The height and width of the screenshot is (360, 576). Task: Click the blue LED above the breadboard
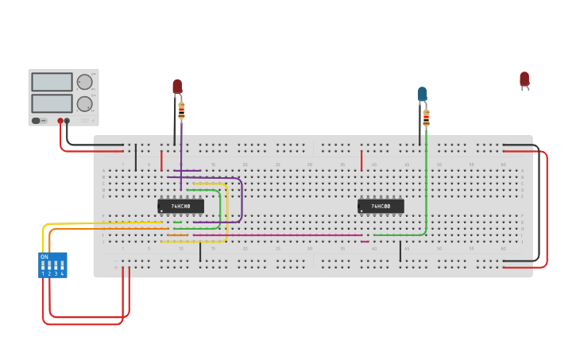(422, 94)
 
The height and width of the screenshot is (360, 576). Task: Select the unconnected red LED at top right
(524, 79)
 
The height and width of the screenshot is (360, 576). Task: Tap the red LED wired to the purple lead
(177, 86)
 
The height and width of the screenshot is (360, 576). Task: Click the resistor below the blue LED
(426, 118)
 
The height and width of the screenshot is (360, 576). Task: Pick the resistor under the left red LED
(181, 110)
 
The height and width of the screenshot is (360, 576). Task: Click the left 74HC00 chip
(180, 206)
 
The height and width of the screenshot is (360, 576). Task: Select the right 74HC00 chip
(381, 206)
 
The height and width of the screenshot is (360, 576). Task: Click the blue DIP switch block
(52, 265)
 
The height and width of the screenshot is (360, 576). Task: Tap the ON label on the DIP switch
(44, 257)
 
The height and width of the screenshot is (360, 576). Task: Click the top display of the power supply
(52, 82)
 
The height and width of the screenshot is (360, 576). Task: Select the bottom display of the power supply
(52, 103)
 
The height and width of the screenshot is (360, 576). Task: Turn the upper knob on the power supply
(84, 81)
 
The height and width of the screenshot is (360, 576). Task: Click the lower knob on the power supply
(84, 103)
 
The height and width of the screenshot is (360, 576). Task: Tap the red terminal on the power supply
(60, 121)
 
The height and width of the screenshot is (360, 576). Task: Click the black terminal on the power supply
(67, 121)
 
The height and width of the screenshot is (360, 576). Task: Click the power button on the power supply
(36, 121)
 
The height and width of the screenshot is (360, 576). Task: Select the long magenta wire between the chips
(278, 235)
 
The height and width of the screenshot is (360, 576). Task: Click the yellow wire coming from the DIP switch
(103, 223)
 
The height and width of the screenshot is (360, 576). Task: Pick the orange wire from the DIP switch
(103, 229)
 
